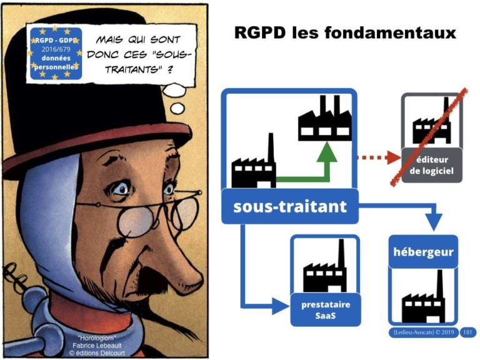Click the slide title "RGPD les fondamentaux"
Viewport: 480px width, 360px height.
click(x=345, y=32)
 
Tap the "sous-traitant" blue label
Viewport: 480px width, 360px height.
click(x=289, y=207)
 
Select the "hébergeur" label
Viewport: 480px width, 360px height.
click(x=423, y=252)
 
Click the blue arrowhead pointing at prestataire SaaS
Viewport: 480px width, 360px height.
click(x=282, y=306)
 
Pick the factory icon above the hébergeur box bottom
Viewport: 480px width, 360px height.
click(x=423, y=298)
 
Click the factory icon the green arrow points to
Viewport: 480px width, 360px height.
click(x=322, y=122)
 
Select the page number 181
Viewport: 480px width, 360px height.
click(x=467, y=332)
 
